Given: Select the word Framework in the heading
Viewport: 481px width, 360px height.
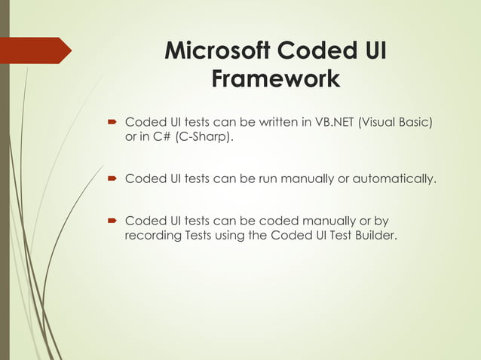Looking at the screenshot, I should pos(275,78).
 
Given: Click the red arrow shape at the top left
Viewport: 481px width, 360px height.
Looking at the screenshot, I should pos(38,50).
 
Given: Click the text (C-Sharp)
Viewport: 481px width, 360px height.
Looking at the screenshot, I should pos(200,137).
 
